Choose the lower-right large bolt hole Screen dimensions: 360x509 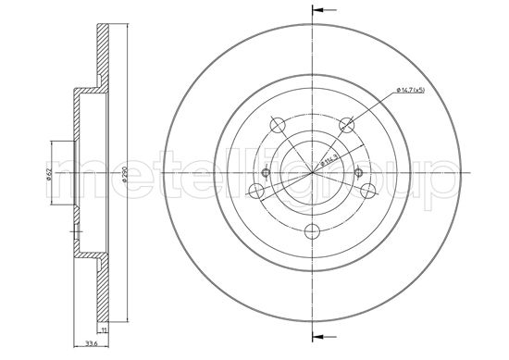[x=368, y=191]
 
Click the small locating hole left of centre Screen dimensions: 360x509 [x=267, y=173]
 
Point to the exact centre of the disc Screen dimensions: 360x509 [x=313, y=173]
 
